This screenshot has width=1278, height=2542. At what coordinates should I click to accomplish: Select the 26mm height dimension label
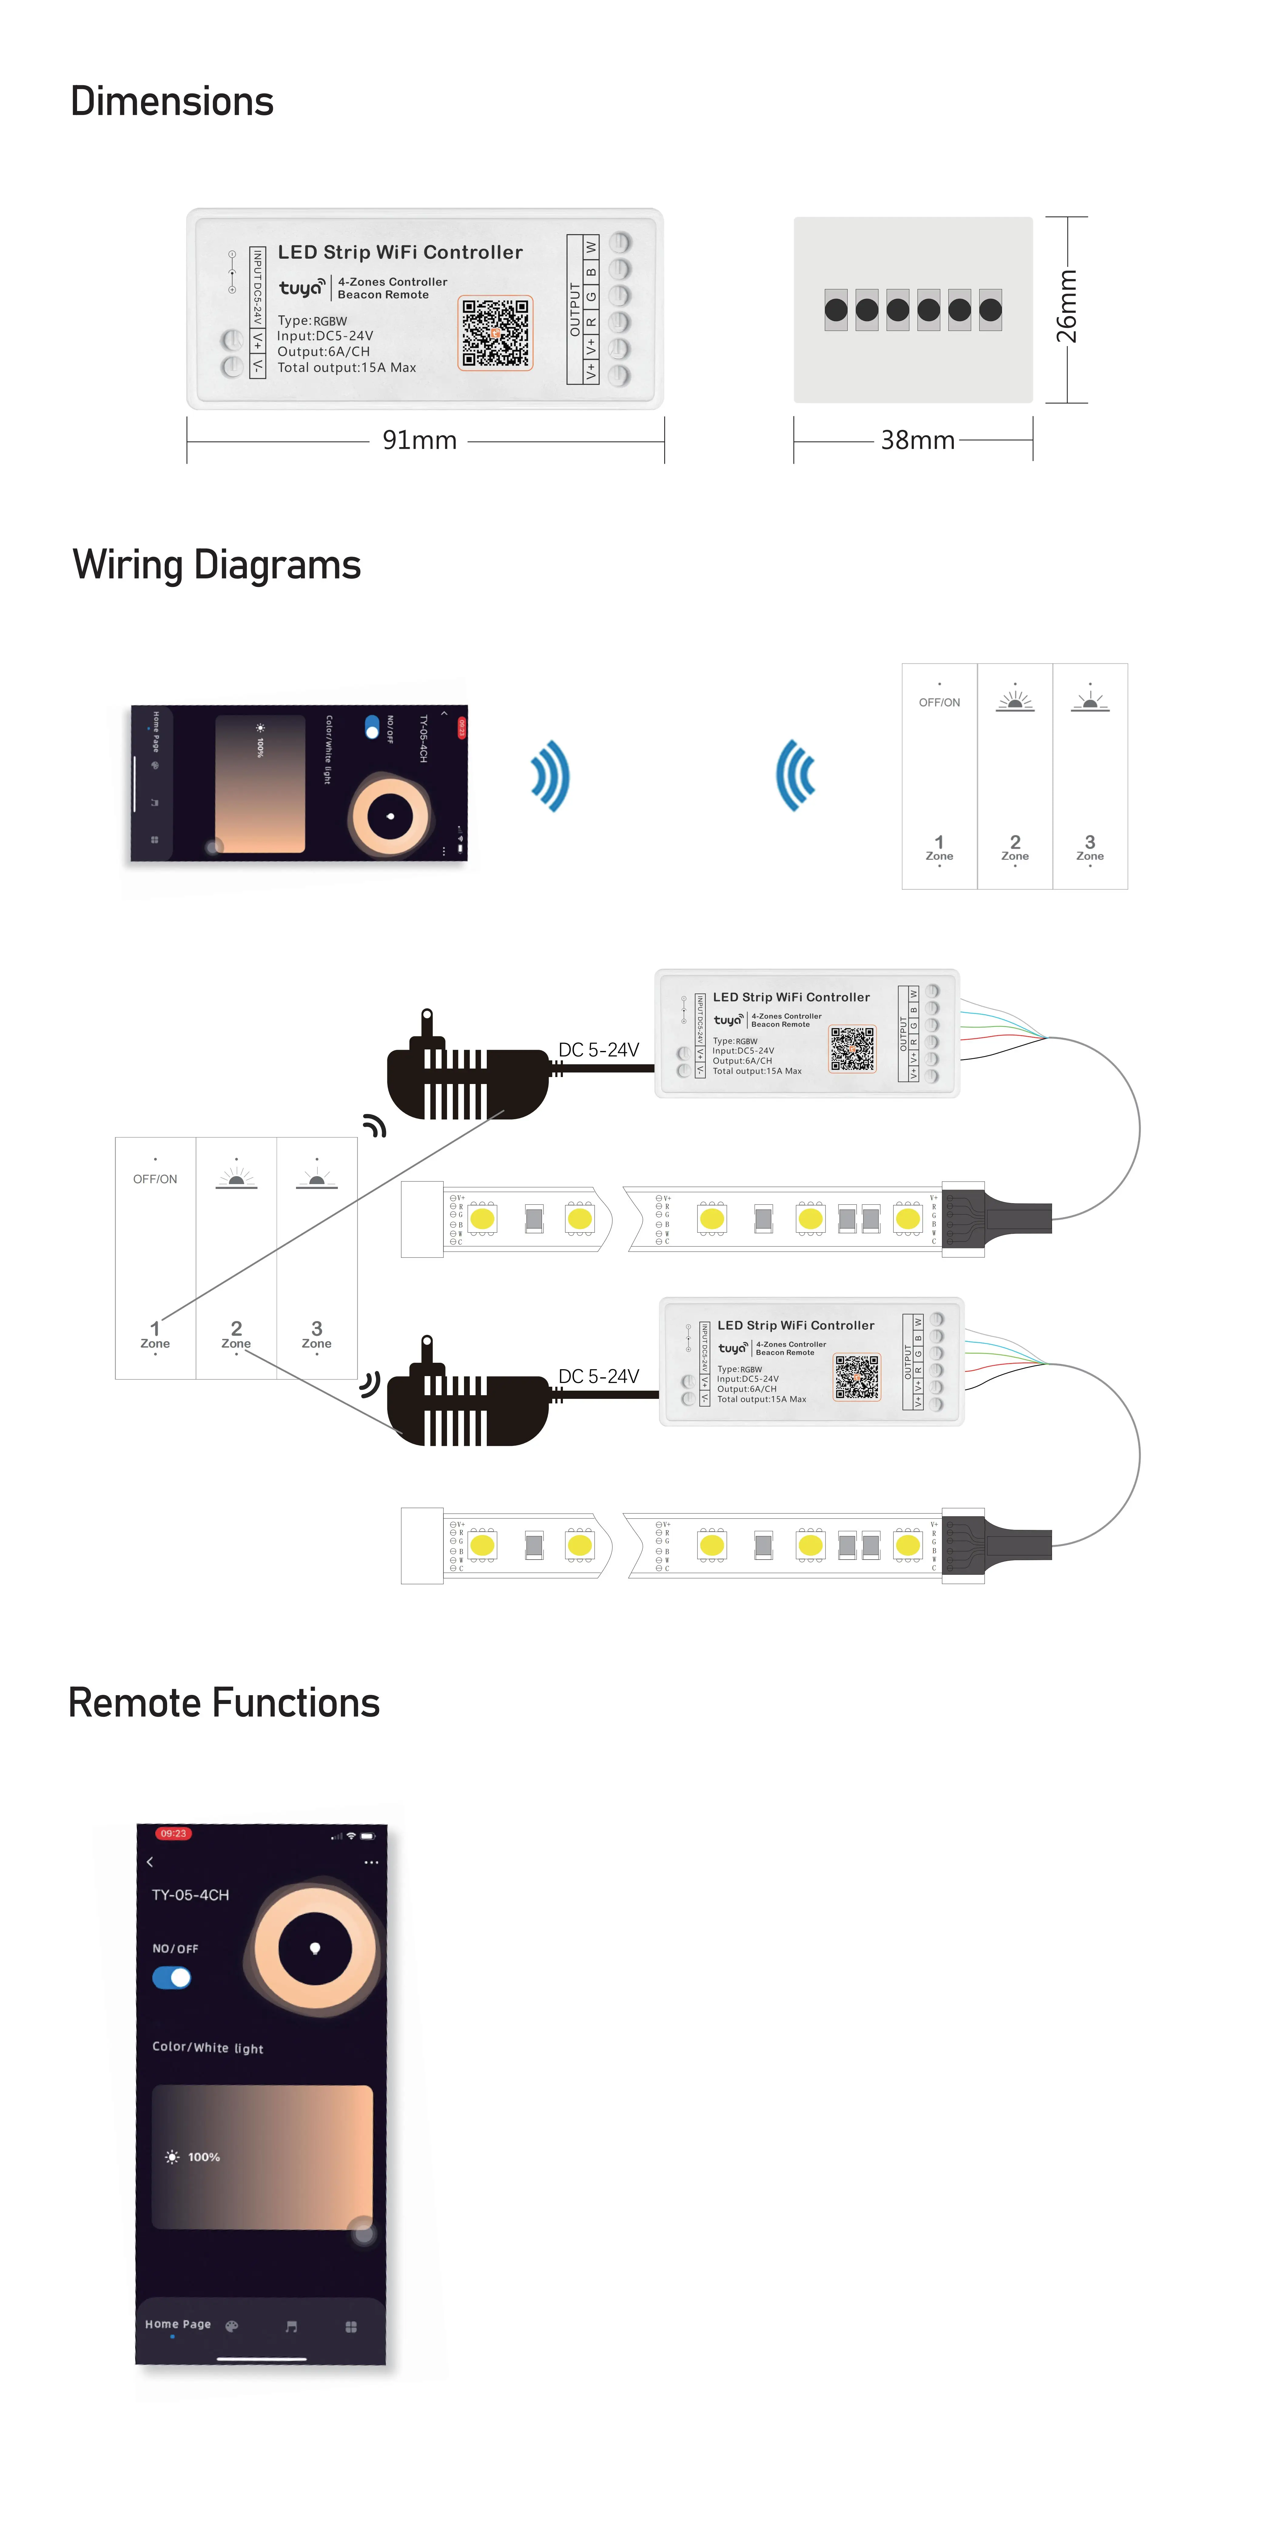coord(1067,306)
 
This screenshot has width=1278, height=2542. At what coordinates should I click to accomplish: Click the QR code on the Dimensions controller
coord(496,332)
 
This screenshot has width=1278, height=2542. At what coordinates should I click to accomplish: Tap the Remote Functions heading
coord(224,1703)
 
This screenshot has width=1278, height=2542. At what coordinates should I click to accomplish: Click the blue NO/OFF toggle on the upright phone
coord(172,1978)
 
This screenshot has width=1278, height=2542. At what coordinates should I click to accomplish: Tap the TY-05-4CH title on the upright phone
coord(190,1895)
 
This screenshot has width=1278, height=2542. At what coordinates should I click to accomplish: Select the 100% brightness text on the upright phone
coord(203,2157)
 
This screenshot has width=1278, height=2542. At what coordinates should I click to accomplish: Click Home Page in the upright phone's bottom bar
coord(178,2324)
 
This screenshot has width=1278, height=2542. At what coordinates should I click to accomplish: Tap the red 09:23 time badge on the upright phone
coord(173,1833)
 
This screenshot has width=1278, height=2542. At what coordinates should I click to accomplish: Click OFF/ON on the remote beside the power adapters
coord(155,1179)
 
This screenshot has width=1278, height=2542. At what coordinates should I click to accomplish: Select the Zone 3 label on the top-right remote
coord(1089,848)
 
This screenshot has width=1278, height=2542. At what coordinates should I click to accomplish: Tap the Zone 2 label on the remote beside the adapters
coord(236,1334)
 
